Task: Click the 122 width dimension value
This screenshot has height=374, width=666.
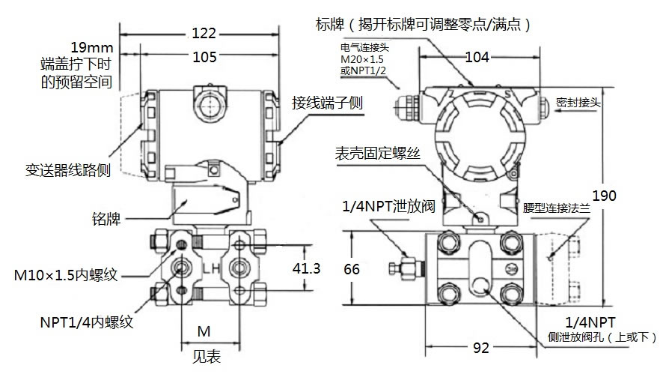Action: [x=204, y=33]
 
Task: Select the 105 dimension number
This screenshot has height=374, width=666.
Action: [x=204, y=57]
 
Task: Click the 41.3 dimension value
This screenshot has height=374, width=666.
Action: [x=301, y=268]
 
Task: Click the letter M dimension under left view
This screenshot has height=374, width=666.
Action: [x=203, y=331]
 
